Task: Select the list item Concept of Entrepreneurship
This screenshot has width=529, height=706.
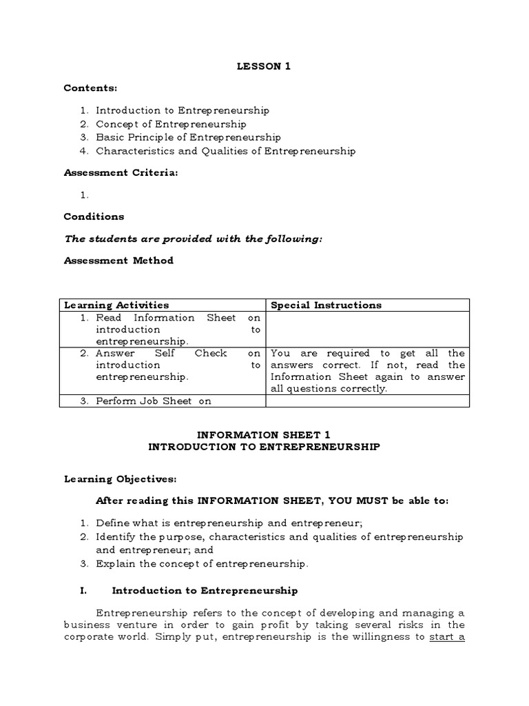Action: tap(171, 124)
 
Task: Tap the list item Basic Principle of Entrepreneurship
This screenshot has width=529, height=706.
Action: tap(188, 137)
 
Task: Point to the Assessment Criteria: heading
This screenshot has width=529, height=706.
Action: tap(121, 173)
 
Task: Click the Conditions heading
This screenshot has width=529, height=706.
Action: tap(94, 216)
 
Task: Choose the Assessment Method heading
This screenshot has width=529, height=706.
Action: tap(118, 261)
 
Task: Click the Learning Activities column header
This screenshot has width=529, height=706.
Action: tap(116, 305)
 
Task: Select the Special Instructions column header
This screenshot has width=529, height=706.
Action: tap(326, 305)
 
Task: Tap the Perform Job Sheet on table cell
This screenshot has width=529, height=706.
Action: tap(154, 401)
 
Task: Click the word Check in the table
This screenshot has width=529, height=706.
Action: tap(211, 353)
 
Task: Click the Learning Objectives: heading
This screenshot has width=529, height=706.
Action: tap(120, 478)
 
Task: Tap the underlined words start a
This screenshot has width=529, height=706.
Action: tap(447, 636)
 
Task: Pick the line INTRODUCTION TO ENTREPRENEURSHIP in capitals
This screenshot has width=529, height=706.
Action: tap(264, 447)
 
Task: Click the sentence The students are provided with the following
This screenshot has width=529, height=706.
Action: tap(193, 239)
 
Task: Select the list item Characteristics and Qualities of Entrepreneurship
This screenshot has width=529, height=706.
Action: tap(225, 150)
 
